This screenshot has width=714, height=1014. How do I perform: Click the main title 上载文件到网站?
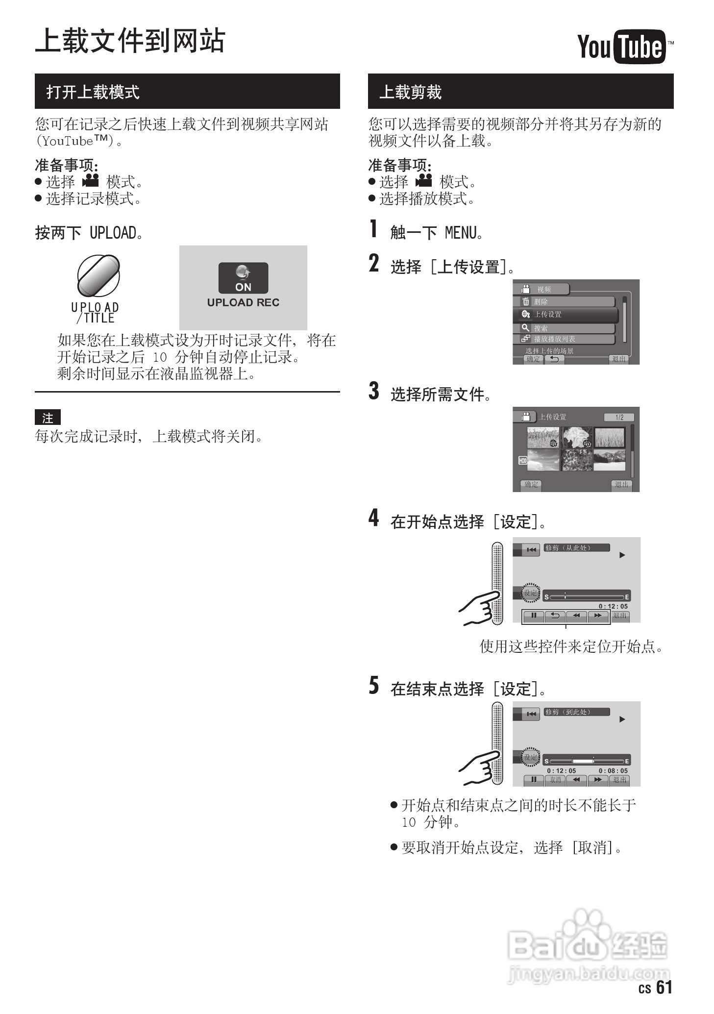(x=130, y=41)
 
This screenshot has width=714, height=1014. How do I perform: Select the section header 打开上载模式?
(x=93, y=92)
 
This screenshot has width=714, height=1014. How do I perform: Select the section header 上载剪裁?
(x=410, y=92)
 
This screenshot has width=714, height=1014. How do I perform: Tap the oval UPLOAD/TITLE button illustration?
(x=98, y=276)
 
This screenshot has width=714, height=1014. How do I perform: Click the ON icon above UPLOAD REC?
(x=243, y=278)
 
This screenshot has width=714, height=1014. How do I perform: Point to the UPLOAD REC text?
(x=243, y=302)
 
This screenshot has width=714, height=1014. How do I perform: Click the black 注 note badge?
(x=48, y=418)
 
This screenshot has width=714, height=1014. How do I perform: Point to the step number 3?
(x=374, y=392)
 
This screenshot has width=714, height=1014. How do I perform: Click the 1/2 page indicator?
(x=619, y=417)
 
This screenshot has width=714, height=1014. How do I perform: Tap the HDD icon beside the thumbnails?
(x=522, y=461)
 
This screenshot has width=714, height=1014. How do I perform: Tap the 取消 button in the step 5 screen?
(x=555, y=780)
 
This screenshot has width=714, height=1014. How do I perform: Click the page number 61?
(x=664, y=987)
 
